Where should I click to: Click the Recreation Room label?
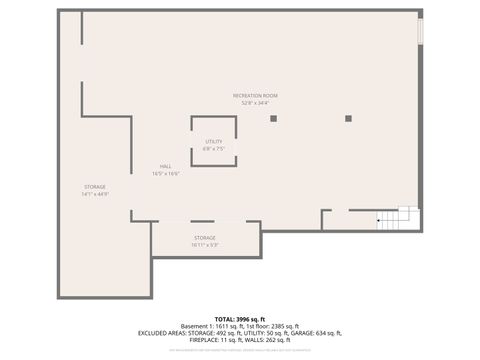pos(255,94)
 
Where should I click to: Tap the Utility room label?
pos(214,142)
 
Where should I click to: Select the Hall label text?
pos(165,166)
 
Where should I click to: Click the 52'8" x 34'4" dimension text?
pos(255,102)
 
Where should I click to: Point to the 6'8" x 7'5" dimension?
pos(214,149)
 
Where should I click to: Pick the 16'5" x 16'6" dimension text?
pos(165,173)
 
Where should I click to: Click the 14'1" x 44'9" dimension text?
pos(95,194)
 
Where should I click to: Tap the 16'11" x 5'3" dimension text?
pos(205,244)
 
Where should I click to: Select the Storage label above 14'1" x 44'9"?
pos(95,187)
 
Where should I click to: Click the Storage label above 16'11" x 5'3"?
pos(205,237)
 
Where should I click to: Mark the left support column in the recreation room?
pos(273,118)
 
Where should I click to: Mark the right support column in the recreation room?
pos(348,118)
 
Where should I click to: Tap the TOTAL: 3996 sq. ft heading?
pos(240,318)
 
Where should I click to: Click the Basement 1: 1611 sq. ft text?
pos(213,326)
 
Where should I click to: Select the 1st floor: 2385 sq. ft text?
pos(274,326)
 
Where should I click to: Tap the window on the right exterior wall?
pos(420,31)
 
